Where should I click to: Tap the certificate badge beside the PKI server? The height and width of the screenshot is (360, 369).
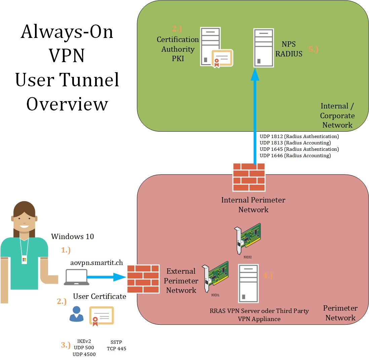pyautogui.click(x=222, y=59)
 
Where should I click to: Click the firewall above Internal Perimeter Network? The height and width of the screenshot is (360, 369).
pyautogui.click(x=249, y=177)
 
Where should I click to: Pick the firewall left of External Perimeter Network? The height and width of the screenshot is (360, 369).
pyautogui.click(x=143, y=279)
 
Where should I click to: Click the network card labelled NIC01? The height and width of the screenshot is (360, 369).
pyautogui.click(x=216, y=278)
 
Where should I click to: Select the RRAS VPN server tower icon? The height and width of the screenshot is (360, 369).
pyautogui.click(x=248, y=283)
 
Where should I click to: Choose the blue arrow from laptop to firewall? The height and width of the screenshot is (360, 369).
pyautogui.click(x=106, y=277)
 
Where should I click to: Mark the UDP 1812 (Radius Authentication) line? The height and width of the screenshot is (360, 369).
pyautogui.click(x=299, y=136)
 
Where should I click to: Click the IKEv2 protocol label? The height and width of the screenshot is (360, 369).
pyautogui.click(x=84, y=341)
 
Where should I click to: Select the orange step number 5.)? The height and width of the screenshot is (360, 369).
pyautogui.click(x=313, y=49)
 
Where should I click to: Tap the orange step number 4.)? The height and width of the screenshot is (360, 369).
pyautogui.click(x=268, y=276)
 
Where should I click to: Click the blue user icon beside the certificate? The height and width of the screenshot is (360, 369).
pyautogui.click(x=76, y=314)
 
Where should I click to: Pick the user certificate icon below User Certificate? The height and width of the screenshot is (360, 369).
pyautogui.click(x=101, y=316)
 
